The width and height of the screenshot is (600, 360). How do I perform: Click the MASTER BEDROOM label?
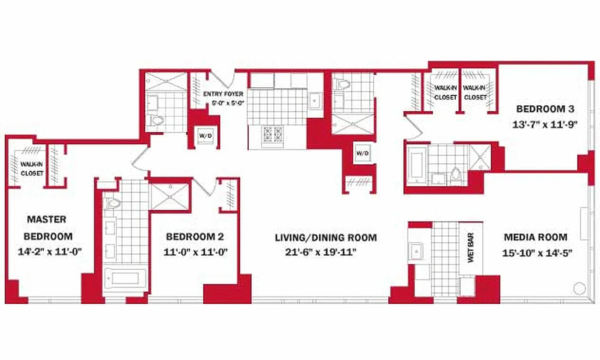pyautogui.click(x=47, y=228)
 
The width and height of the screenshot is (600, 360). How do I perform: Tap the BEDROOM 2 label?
pyautogui.click(x=195, y=237)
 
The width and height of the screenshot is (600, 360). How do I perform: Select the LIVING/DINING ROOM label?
pyautogui.click(x=326, y=238)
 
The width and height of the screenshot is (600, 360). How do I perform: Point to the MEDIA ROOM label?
pyautogui.click(x=535, y=237)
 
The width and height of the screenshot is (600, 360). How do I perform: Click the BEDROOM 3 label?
pyautogui.click(x=545, y=109)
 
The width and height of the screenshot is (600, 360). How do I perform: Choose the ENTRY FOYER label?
pyautogui.click(x=223, y=94)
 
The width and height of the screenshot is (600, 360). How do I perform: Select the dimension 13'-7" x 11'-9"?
pyautogui.click(x=545, y=125)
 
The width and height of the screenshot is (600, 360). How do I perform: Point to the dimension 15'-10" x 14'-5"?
pyautogui.click(x=537, y=253)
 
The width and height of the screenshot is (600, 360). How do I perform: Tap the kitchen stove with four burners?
pyautogui.click(x=273, y=134)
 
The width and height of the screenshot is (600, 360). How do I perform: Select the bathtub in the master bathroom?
pyautogui.click(x=125, y=279)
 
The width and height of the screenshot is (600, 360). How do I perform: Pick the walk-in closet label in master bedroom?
pyautogui.click(x=31, y=168)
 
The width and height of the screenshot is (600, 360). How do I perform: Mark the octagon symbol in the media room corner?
pyautogui.click(x=579, y=287)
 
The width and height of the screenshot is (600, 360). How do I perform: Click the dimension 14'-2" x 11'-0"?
pyautogui.click(x=49, y=252)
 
